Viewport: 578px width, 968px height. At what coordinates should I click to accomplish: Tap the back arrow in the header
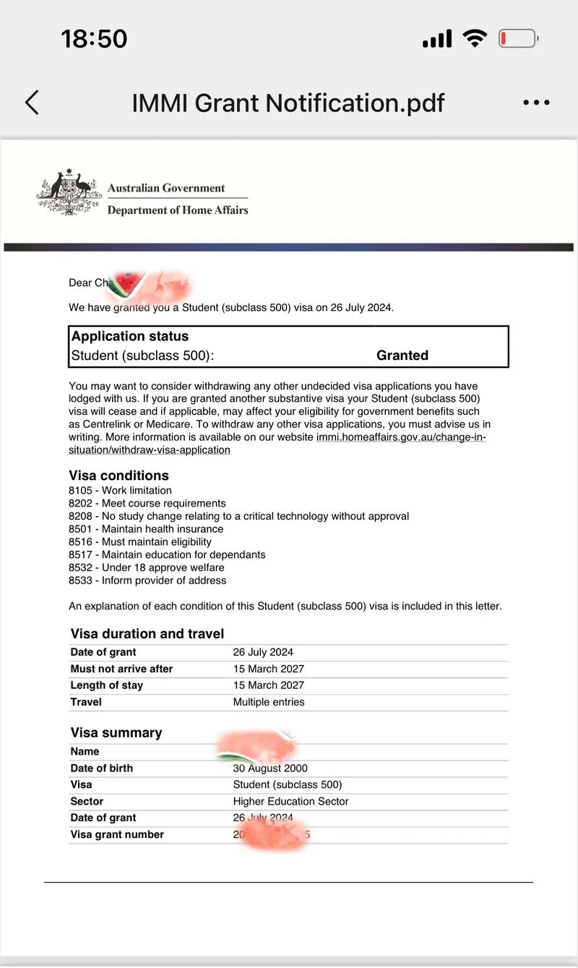point(32,103)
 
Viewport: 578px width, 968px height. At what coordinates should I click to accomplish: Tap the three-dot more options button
point(536,103)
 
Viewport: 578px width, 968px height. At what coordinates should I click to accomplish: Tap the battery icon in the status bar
point(518,38)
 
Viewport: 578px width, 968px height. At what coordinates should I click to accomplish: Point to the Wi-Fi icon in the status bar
point(475,38)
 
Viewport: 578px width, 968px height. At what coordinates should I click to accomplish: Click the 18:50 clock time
point(94,38)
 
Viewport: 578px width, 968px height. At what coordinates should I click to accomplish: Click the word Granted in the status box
point(402,355)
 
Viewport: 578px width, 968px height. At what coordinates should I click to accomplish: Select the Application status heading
point(130,336)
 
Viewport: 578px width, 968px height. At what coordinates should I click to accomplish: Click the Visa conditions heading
point(118,475)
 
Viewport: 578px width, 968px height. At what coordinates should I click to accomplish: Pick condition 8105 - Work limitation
point(120,490)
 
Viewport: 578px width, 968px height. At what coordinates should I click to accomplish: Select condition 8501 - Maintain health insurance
point(146,528)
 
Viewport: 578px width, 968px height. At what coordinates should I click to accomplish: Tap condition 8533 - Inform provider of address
point(147,580)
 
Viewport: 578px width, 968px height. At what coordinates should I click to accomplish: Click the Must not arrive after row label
point(121,669)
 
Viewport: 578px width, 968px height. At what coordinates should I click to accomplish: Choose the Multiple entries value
point(269,702)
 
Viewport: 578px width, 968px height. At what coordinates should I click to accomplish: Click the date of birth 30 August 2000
point(270,768)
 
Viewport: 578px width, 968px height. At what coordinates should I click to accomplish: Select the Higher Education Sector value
point(290,801)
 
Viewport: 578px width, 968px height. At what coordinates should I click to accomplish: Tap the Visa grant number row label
point(117,834)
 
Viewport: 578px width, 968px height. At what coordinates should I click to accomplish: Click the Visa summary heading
point(116,732)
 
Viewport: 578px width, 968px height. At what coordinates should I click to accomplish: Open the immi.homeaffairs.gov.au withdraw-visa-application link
point(401,437)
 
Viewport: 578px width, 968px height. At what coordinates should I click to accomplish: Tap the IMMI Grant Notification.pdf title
point(288,103)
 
